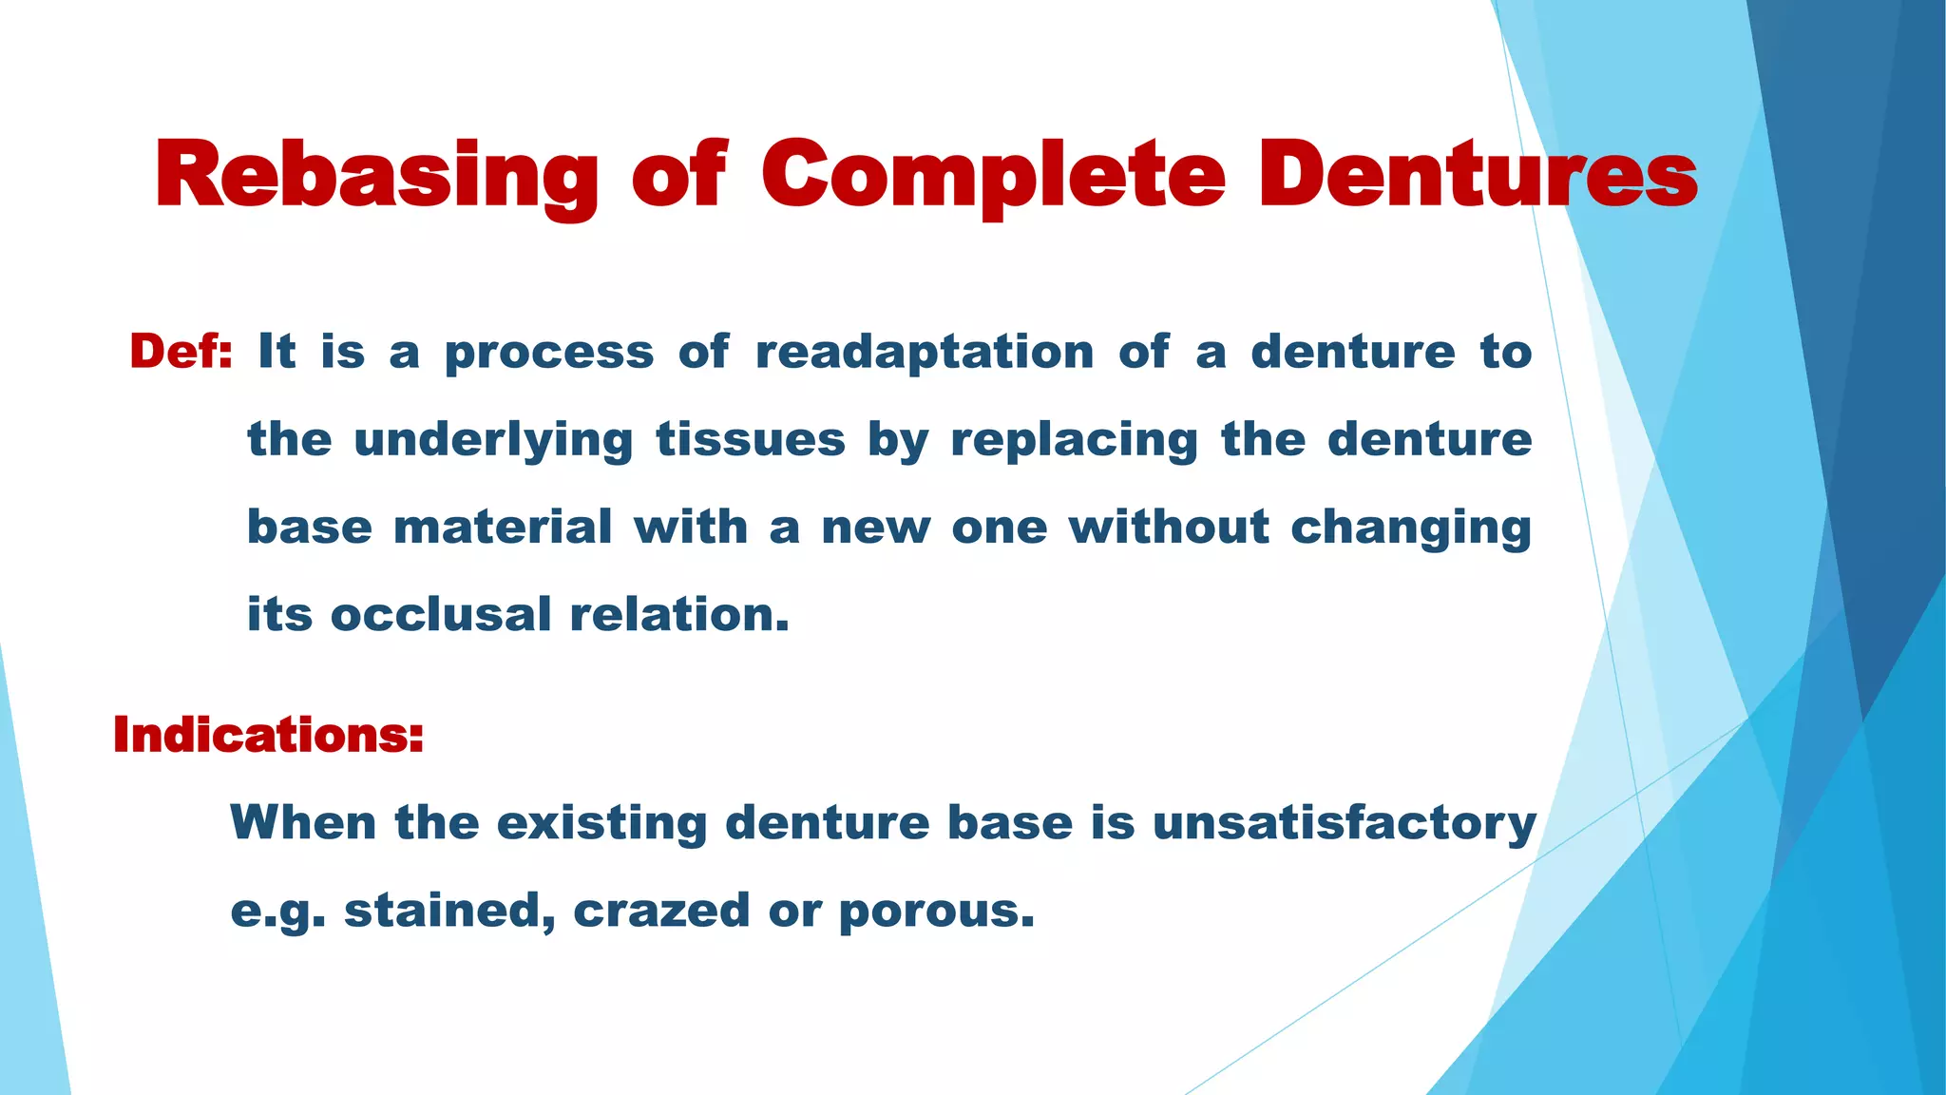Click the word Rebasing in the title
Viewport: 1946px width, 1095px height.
point(376,176)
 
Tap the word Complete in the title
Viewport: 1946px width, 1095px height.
point(993,176)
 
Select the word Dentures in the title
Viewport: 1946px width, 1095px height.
point(1478,176)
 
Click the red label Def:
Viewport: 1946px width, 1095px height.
point(181,352)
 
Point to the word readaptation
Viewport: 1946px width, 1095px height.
point(925,352)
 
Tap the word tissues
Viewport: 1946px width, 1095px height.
point(750,439)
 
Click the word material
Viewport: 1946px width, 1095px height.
point(503,527)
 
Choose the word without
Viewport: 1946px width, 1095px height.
point(1169,527)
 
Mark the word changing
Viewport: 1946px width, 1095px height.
point(1411,528)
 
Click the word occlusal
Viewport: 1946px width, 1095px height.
point(440,614)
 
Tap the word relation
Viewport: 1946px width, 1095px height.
point(679,614)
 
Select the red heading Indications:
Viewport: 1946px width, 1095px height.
point(268,735)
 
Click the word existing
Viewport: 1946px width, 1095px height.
point(601,822)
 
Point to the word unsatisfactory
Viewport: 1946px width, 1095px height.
point(1344,822)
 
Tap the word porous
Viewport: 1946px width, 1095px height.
point(936,911)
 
